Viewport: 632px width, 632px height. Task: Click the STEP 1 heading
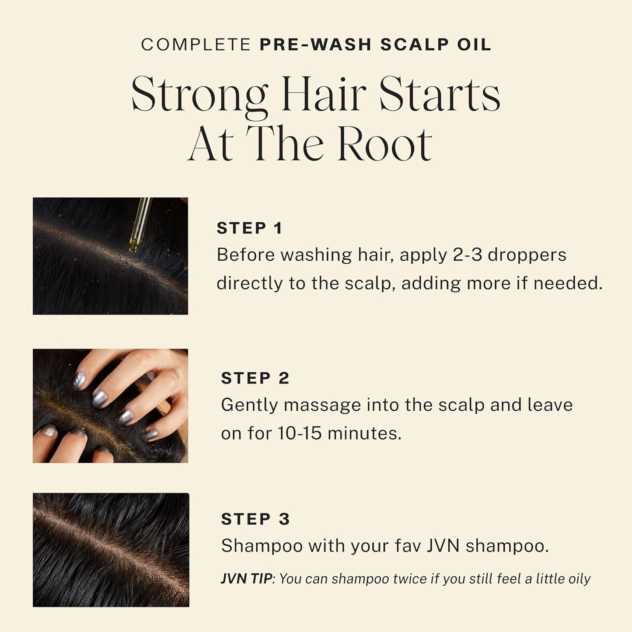click(249, 228)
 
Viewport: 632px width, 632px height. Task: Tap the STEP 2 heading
click(255, 378)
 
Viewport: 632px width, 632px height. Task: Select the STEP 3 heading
click(255, 519)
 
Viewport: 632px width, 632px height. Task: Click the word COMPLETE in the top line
click(196, 45)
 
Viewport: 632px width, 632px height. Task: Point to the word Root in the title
click(385, 144)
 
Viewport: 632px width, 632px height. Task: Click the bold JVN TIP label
click(246, 579)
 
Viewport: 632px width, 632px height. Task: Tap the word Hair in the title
click(324, 94)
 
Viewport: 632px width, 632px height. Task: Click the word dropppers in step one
click(527, 255)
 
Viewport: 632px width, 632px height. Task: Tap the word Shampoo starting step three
click(262, 546)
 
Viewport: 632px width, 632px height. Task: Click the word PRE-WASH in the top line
click(315, 45)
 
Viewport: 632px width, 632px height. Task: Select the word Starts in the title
click(440, 94)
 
